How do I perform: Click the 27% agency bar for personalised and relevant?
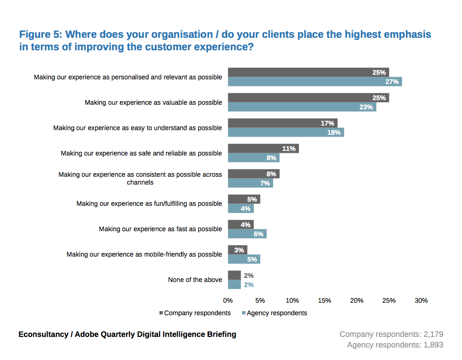click(315, 82)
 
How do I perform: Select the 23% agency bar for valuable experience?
click(302, 107)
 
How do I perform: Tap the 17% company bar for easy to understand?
click(282, 123)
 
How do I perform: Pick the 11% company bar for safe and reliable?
click(263, 149)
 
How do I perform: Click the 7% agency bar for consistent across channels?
click(250, 183)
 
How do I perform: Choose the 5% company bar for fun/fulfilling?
click(243, 199)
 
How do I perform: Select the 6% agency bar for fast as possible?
click(247, 234)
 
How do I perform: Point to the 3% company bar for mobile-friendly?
click(237, 250)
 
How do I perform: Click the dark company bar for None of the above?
click(234, 276)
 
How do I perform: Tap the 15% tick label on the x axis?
click(324, 300)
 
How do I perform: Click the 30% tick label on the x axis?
click(421, 300)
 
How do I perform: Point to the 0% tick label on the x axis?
click(228, 300)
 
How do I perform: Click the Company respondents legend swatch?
click(161, 313)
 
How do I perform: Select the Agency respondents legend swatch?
click(243, 313)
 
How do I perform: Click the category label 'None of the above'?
click(195, 280)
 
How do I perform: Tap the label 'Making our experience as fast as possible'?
click(160, 229)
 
